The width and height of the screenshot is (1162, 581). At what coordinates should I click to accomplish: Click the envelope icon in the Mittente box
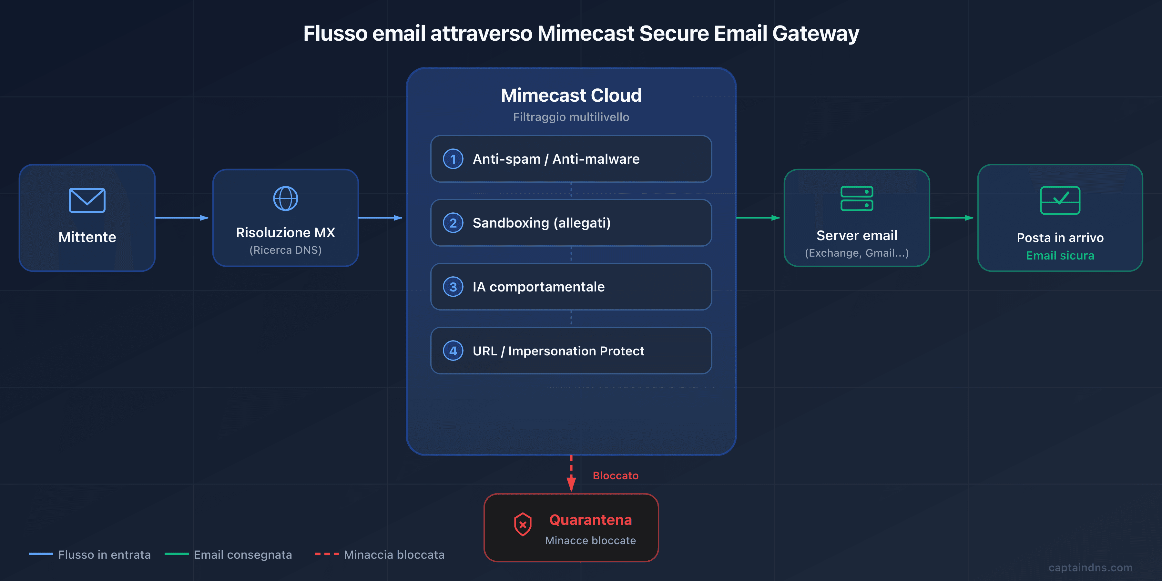(x=87, y=200)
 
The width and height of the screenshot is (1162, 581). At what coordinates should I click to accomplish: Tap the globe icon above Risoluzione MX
(x=286, y=199)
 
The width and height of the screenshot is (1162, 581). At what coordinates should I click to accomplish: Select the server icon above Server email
(x=857, y=199)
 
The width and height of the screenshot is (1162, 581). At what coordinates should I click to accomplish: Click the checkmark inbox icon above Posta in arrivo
(x=1060, y=200)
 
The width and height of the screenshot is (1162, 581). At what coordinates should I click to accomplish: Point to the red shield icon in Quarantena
(x=522, y=524)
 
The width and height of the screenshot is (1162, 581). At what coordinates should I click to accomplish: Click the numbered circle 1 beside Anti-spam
(x=453, y=159)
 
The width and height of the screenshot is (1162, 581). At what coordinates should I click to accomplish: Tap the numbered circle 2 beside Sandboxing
(x=453, y=223)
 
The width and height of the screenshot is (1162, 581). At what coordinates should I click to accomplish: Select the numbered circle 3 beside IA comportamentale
(x=453, y=287)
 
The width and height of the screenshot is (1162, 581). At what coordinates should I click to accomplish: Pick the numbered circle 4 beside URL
(x=453, y=351)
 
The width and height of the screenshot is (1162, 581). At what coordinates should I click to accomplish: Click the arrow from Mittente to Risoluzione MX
(x=182, y=218)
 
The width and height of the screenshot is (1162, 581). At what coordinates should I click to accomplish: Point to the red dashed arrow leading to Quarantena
(x=571, y=474)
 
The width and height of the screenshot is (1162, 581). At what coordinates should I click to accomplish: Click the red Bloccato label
(x=615, y=476)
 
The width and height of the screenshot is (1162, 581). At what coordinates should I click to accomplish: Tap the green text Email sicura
(x=1060, y=256)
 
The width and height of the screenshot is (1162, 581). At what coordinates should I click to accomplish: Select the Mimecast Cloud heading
(x=571, y=95)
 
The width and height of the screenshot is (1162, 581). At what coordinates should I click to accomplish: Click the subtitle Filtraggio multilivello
(x=571, y=117)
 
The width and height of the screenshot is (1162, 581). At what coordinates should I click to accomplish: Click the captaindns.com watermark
(x=1090, y=567)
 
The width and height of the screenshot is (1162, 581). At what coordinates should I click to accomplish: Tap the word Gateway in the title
(x=816, y=33)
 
